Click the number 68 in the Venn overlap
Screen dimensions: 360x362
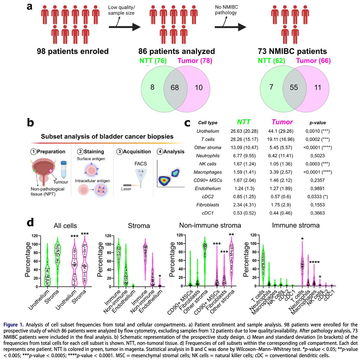175,88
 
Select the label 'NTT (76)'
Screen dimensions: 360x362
153,61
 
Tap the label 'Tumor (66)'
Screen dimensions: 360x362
313,61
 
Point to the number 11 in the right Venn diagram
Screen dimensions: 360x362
317,88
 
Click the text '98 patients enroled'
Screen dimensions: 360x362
73,51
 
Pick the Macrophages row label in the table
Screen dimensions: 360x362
208,172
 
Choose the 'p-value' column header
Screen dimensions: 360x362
317,123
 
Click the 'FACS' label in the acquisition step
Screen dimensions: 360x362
141,164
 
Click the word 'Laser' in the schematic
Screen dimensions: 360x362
126,189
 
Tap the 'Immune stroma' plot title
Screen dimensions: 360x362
295,225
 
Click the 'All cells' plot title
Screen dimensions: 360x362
65,226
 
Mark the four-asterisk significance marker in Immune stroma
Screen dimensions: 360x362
315,262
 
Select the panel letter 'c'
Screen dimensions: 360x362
187,123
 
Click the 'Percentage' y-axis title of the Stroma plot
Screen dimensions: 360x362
100,260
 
